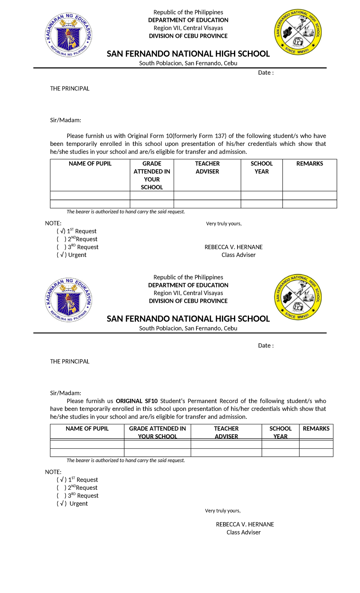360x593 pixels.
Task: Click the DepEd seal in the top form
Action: click(68, 35)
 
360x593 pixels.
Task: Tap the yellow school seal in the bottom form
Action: click(298, 297)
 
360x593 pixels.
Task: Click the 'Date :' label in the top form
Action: click(265, 73)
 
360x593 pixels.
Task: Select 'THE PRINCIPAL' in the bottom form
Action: click(70, 361)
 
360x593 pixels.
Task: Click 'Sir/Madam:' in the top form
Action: click(65, 120)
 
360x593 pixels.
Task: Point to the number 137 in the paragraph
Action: click(220, 136)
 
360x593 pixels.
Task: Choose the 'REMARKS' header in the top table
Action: click(310, 164)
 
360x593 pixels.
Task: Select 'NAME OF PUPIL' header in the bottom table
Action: click(87, 429)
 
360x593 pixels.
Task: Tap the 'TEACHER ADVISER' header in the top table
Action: click(207, 167)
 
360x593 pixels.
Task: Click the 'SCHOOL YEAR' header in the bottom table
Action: click(280, 432)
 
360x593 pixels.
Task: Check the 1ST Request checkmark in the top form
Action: click(61, 231)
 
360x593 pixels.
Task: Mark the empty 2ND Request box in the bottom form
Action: click(61, 488)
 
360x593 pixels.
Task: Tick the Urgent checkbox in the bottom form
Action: click(61, 504)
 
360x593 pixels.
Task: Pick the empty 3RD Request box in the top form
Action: click(61, 247)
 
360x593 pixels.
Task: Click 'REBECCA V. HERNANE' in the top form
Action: click(233, 247)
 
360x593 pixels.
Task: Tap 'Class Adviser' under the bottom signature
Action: click(243, 532)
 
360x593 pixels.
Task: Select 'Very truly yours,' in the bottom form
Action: click(223, 510)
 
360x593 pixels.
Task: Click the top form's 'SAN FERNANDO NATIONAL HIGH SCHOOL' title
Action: click(188, 54)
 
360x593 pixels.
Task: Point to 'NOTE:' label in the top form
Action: click(53, 223)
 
